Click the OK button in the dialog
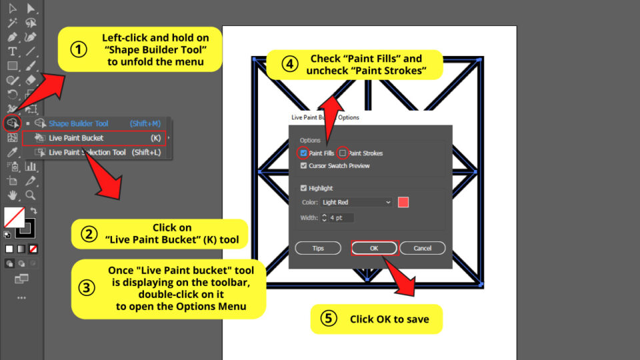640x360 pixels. click(x=374, y=248)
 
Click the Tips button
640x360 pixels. click(x=318, y=248)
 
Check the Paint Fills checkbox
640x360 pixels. click(x=304, y=153)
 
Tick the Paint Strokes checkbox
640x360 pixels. click(x=343, y=153)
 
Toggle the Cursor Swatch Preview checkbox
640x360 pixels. click(x=304, y=165)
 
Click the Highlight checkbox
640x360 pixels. click(x=304, y=188)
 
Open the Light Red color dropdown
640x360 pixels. click(x=356, y=202)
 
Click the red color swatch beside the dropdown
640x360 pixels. click(x=403, y=202)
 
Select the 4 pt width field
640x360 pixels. click(x=341, y=218)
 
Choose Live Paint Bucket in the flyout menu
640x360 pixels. click(x=76, y=138)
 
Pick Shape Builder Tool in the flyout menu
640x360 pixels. click(x=78, y=123)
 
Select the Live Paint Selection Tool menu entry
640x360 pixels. click(x=87, y=153)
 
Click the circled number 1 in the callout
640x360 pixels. click(x=79, y=49)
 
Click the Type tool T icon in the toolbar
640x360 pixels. click(x=12, y=51)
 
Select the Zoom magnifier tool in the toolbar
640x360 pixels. click(x=31, y=195)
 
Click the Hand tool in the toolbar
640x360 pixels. click(x=12, y=195)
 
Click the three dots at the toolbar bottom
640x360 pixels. click(x=21, y=297)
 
